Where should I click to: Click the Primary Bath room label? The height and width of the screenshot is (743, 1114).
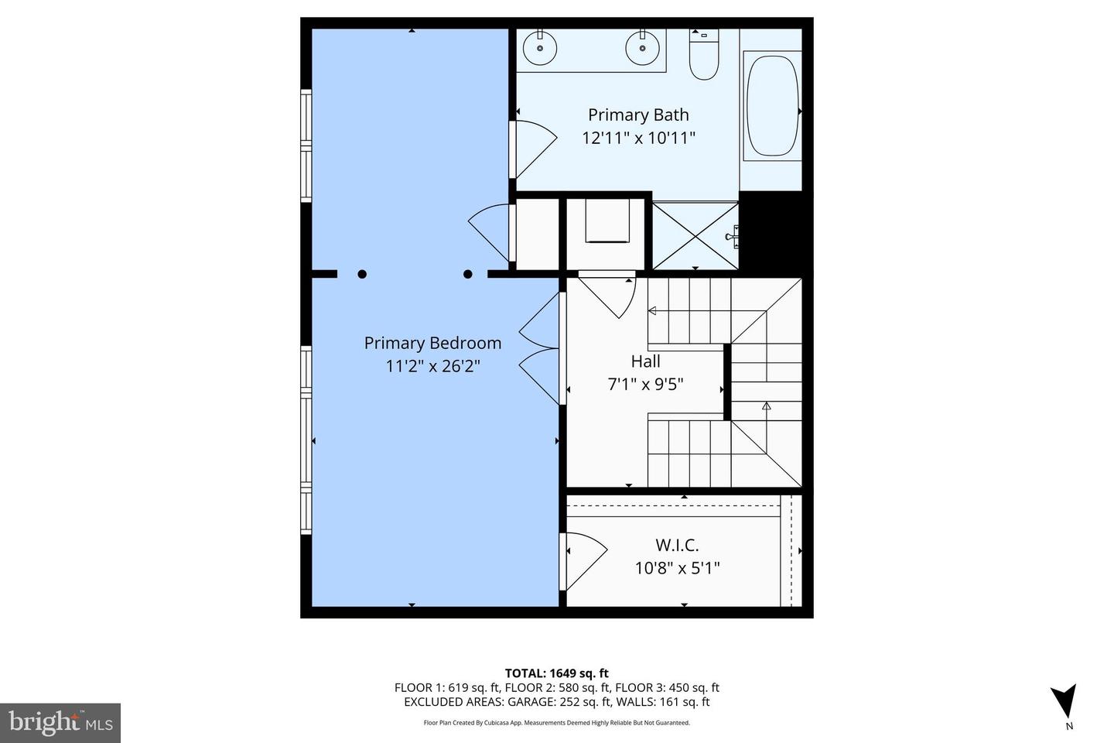click(638, 115)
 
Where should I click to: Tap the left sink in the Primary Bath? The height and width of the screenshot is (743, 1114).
click(539, 49)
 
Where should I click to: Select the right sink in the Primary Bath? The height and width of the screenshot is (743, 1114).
click(642, 49)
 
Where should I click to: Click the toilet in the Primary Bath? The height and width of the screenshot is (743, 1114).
click(704, 56)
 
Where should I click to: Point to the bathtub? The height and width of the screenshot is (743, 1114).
click(771, 106)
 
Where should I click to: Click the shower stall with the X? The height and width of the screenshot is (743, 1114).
click(695, 235)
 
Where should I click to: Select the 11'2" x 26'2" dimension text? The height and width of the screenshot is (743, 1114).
click(433, 365)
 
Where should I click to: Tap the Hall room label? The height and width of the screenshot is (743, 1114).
click(645, 361)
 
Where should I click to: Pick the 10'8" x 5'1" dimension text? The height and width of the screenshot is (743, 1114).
click(677, 568)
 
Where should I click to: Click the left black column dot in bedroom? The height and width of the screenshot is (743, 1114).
click(362, 274)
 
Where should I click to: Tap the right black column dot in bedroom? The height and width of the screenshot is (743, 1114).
click(468, 274)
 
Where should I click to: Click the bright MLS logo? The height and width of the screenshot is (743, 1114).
click(60, 723)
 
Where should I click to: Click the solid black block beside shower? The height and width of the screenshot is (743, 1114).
click(770, 232)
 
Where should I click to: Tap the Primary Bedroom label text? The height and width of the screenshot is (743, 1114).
click(432, 343)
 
